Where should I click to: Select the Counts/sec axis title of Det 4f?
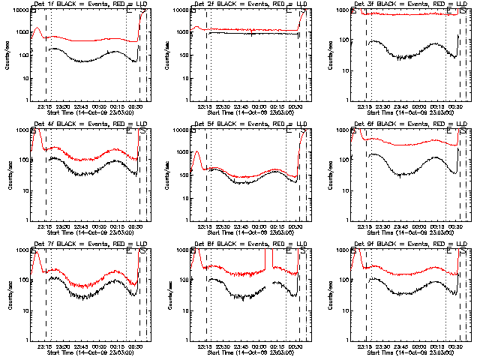(x=7, y=174)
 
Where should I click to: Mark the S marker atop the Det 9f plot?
(x=463, y=253)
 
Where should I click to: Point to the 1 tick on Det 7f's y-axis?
(x=27, y=339)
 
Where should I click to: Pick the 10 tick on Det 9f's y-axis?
(x=347, y=309)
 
